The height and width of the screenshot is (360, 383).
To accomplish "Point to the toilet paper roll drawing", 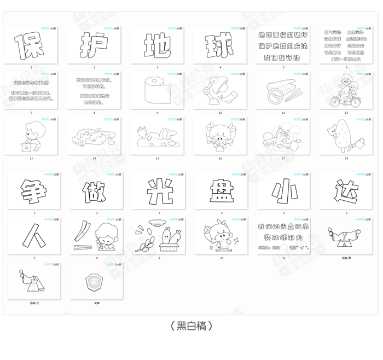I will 154,91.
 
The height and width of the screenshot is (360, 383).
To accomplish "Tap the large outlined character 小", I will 283,191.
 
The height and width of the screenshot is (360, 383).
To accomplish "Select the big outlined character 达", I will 346,191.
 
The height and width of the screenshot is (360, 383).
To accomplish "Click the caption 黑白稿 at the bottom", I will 191,326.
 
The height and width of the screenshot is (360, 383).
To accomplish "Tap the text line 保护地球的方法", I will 283,45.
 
